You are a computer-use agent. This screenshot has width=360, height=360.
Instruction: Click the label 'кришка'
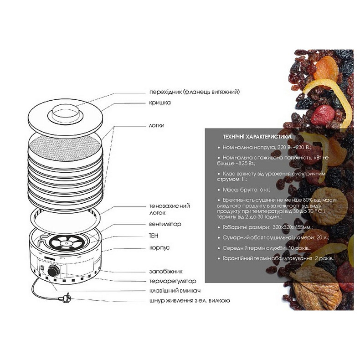(x=159, y=103)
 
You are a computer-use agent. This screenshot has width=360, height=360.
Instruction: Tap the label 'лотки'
(x=157, y=125)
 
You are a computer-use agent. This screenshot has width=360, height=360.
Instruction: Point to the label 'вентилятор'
(x=165, y=224)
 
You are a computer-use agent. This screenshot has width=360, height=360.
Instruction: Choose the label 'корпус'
(x=159, y=249)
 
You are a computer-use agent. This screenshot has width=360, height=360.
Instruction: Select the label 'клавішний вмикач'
(x=175, y=290)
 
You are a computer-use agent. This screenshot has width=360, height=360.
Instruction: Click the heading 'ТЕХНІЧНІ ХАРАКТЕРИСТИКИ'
(x=257, y=137)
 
